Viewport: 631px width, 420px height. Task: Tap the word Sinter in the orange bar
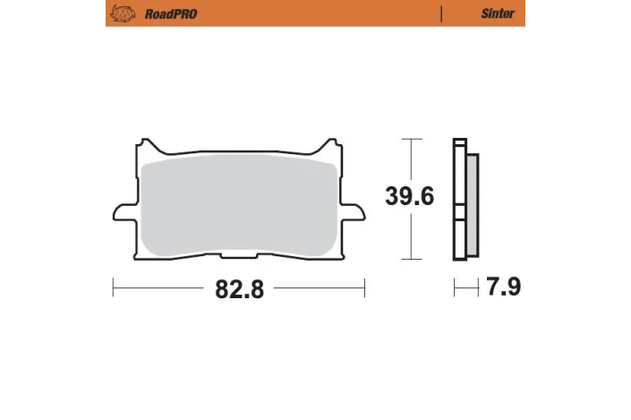pos(498,14)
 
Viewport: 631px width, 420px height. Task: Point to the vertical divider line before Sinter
pos(441,14)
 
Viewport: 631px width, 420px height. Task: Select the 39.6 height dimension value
pos(409,196)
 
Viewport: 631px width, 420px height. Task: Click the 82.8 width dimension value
pos(239,289)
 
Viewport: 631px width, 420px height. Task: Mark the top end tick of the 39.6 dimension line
pos(410,140)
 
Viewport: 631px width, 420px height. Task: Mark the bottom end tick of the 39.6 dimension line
pos(410,259)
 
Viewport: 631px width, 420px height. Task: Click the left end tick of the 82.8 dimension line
pos(114,288)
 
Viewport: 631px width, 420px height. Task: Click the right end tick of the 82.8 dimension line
pos(364,288)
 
